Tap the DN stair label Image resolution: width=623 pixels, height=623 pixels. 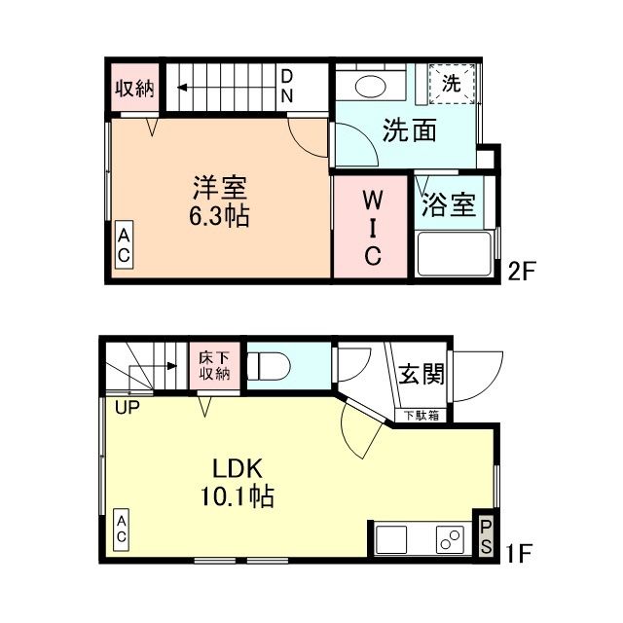pos(288,86)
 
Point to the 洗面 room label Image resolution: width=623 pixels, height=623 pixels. pos(408,130)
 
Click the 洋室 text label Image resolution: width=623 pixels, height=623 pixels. pos(219,185)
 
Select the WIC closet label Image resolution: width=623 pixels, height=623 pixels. pos(372,228)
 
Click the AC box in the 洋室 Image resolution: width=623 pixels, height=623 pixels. pos(125,244)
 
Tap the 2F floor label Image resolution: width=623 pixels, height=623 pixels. pos(522,272)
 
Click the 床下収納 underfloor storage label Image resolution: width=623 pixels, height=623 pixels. pos(214,364)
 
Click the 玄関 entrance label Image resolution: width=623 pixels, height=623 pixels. pos(421,373)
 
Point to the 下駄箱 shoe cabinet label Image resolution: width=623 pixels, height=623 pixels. pos(421,416)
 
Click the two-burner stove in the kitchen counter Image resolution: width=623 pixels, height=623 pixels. pos(449,537)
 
